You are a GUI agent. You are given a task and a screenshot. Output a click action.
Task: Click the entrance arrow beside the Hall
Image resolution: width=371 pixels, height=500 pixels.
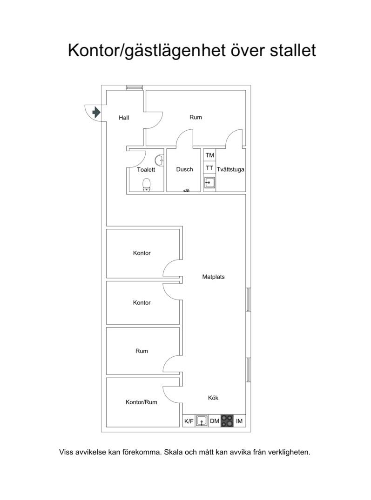click(96, 112)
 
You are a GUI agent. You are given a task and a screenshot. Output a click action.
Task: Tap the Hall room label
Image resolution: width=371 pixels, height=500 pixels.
click(124, 118)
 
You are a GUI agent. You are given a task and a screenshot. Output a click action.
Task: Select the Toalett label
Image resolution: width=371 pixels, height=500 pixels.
click(146, 170)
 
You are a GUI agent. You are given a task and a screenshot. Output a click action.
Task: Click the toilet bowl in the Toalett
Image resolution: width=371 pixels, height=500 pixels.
click(147, 185)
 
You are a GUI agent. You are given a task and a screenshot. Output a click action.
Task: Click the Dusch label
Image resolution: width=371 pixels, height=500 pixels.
click(184, 169)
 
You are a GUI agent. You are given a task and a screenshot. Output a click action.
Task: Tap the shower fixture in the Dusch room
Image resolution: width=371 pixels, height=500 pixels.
click(187, 190)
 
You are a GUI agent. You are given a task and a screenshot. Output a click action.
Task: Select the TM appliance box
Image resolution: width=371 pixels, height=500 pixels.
click(209, 155)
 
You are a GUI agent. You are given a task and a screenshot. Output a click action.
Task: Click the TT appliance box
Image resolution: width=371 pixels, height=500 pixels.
click(209, 168)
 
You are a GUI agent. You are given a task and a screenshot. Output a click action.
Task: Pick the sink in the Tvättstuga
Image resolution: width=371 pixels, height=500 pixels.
click(209, 183)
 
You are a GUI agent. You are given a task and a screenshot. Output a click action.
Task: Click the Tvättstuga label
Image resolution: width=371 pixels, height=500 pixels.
click(230, 169)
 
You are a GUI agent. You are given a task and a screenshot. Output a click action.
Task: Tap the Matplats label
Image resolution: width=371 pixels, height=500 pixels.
click(213, 277)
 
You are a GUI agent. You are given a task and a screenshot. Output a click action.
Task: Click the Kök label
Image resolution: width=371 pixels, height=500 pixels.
click(213, 398)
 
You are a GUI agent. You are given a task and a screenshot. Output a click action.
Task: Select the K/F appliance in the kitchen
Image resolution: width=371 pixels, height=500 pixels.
click(189, 421)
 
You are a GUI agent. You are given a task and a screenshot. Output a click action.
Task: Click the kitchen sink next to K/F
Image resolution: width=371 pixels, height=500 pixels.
click(202, 421)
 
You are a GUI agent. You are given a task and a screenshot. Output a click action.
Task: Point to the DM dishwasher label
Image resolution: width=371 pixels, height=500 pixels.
click(215, 421)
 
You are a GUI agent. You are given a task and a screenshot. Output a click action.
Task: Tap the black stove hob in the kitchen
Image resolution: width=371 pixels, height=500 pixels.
click(227, 421)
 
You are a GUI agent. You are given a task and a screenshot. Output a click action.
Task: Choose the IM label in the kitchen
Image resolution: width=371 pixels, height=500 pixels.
click(239, 421)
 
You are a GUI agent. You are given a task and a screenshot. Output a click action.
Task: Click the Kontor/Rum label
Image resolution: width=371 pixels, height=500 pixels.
click(142, 402)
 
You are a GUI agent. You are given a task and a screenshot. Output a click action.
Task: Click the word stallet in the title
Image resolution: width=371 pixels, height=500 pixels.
click(293, 50)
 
